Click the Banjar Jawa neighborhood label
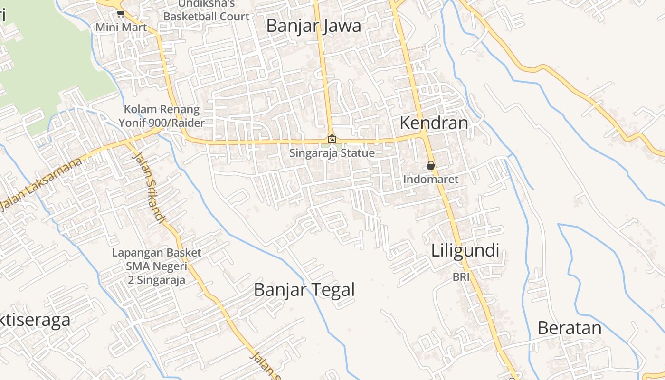(x=313, y=26)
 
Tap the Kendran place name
(x=434, y=123)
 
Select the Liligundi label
(x=465, y=250)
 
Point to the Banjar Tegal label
(x=304, y=289)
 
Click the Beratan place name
(x=569, y=328)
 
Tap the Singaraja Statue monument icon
(x=332, y=139)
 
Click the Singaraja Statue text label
(x=332, y=153)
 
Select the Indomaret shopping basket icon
(x=431, y=166)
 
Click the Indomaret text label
(x=431, y=180)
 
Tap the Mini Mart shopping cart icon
(x=121, y=14)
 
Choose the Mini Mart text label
(x=121, y=27)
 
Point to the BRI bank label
(x=461, y=276)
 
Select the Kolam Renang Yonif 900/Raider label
(x=161, y=116)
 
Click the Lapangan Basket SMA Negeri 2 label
(x=156, y=266)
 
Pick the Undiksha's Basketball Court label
(x=206, y=10)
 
